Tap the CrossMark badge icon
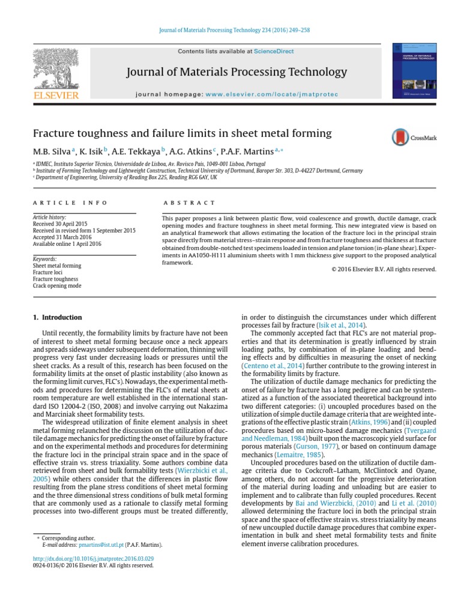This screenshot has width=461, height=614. [400, 138]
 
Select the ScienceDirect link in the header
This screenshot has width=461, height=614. [274, 52]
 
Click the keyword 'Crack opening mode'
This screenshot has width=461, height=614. [56, 287]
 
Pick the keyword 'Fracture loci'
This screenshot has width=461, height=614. [49, 272]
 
